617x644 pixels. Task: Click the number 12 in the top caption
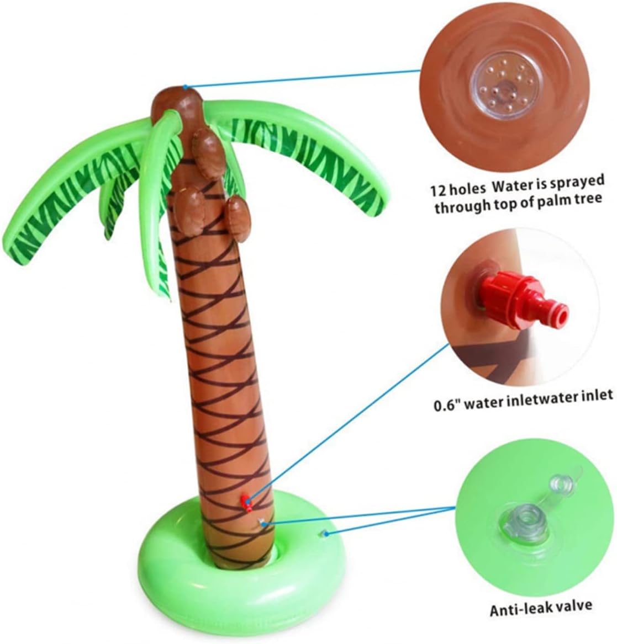pos(439,190)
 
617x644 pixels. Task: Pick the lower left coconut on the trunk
pos(191,211)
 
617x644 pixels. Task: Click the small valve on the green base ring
pos(325,533)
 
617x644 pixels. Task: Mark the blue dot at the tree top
pos(186,87)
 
